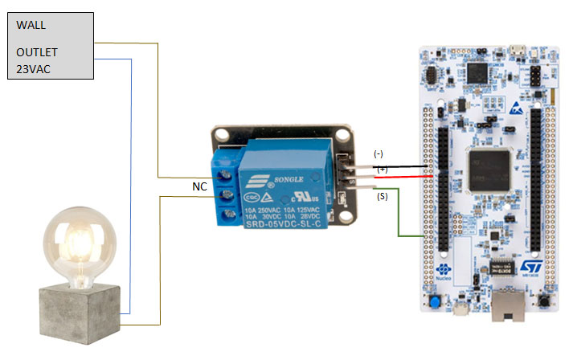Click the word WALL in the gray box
[x=31, y=25]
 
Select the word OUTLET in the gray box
[x=37, y=52]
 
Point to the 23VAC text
[x=34, y=68]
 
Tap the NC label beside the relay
[x=199, y=186]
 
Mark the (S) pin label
[x=382, y=195]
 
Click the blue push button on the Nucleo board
[x=435, y=303]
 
